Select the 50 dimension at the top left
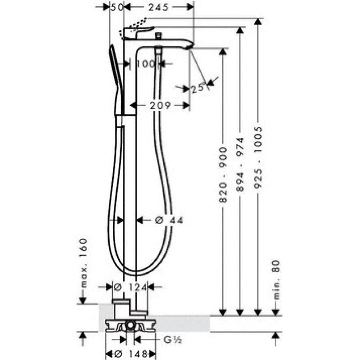tap(117, 7)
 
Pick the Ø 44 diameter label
tap(169, 220)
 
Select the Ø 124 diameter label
tap(130, 287)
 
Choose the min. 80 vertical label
tap(276, 279)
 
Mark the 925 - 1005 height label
tap(258, 160)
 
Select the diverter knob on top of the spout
tap(158, 35)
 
